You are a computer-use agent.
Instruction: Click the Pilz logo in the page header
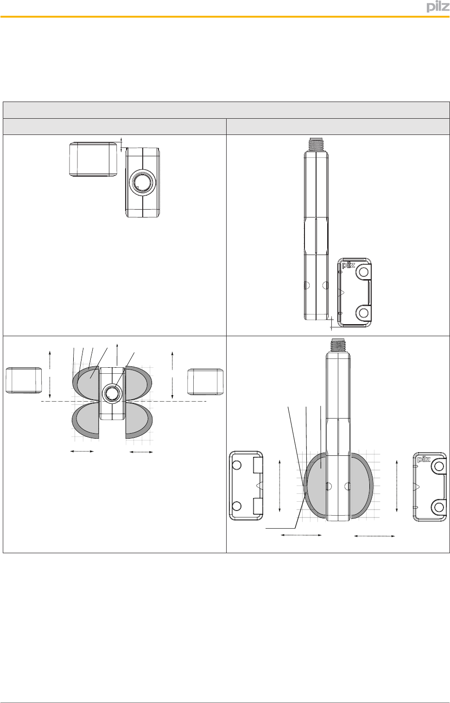click(438, 7)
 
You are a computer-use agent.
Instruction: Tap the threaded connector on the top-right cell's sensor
click(316, 144)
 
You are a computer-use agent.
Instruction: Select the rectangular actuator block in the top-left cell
click(93, 160)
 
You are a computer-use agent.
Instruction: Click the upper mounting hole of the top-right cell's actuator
click(363, 272)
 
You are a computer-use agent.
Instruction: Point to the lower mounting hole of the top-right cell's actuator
click(363, 313)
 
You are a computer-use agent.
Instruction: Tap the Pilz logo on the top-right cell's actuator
click(349, 266)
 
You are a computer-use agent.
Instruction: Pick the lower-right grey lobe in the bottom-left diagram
click(139, 421)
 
